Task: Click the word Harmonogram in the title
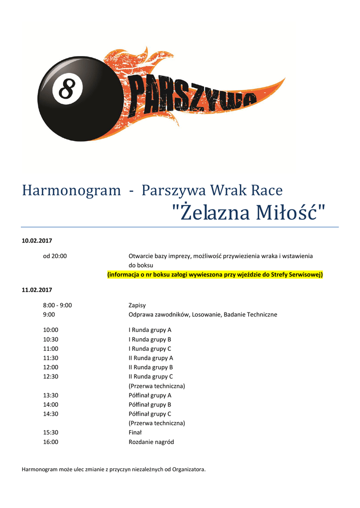point(72,190)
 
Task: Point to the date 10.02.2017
point(37,241)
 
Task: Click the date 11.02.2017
point(37,290)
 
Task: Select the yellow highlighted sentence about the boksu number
point(215,274)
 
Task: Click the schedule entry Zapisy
point(137,305)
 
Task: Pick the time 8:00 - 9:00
point(58,305)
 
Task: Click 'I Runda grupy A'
point(150,330)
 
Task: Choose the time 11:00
point(51,349)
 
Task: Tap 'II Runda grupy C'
point(151,377)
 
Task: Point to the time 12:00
point(51,367)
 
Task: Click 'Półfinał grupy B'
point(150,404)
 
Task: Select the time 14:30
point(51,414)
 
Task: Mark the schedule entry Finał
point(135,433)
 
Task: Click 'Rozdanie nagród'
point(151,442)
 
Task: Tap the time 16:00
point(51,442)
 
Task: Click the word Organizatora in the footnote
point(188,469)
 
